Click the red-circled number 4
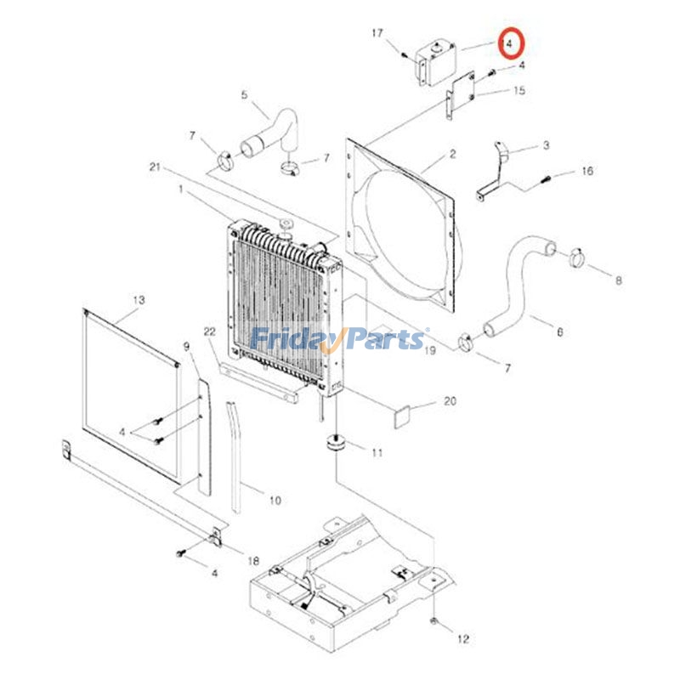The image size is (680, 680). click(511, 42)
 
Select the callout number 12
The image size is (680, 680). click(462, 638)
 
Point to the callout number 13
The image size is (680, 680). click(139, 300)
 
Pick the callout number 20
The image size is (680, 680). click(450, 402)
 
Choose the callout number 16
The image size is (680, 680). click(587, 171)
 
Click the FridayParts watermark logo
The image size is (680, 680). click(340, 340)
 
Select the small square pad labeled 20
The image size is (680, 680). click(400, 416)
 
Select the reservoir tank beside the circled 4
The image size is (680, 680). click(433, 61)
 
